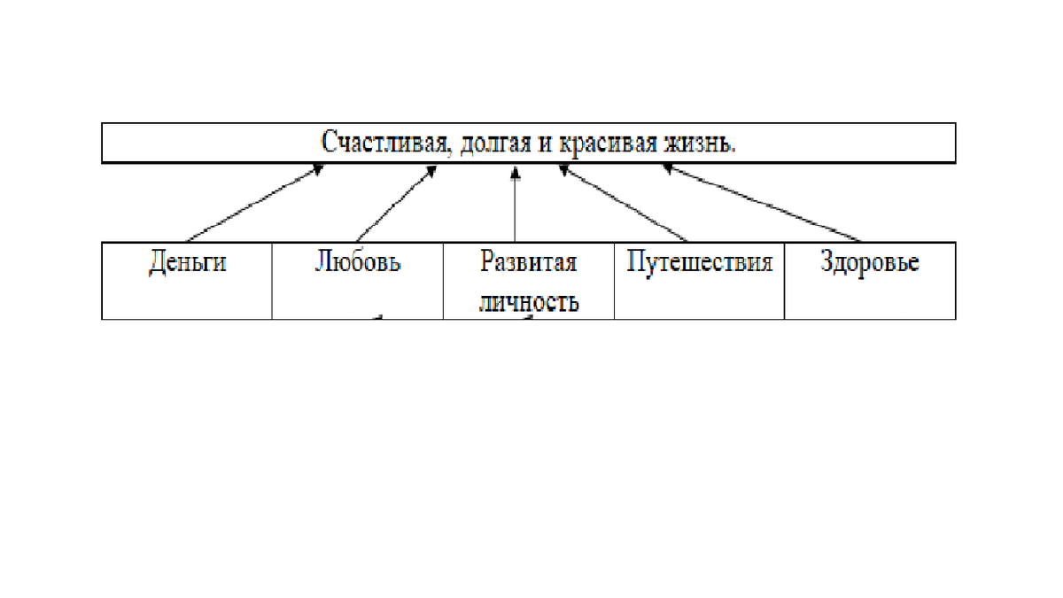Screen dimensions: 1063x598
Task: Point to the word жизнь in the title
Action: [700, 143]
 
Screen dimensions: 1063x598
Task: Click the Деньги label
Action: [187, 263]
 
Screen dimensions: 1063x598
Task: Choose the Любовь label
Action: [357, 263]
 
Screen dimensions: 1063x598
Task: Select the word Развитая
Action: [528, 263]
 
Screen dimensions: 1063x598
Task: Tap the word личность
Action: [528, 301]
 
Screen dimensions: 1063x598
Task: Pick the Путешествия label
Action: [699, 263]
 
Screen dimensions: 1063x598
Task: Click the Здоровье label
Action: [869, 263]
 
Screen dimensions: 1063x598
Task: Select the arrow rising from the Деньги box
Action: [252, 204]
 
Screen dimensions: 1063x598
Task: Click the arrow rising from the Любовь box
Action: [396, 204]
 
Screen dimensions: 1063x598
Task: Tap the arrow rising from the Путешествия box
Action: [623, 204]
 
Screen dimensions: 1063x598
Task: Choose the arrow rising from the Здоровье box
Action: [762, 204]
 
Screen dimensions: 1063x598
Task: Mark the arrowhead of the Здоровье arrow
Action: [669, 170]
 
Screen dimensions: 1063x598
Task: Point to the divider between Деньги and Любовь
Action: [272, 280]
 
